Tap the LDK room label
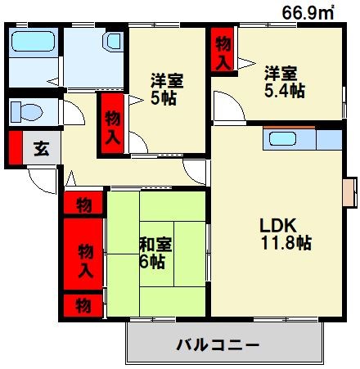(278, 225)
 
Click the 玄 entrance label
(39, 149)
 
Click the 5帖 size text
(166, 99)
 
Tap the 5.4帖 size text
(285, 91)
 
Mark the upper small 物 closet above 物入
(84, 204)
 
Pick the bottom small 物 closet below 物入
(84, 306)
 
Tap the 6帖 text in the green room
(153, 262)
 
